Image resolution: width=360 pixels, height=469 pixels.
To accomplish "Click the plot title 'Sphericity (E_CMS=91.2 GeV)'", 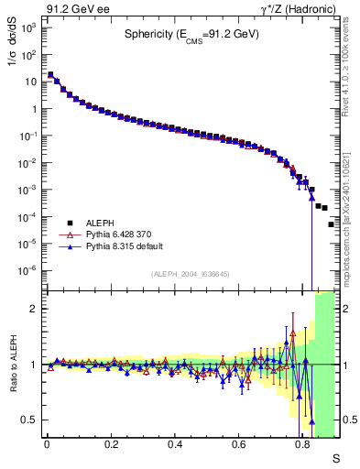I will [192, 35].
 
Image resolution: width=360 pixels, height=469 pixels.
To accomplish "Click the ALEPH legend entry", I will [102, 222].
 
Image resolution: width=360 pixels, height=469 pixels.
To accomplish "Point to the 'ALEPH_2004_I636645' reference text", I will [191, 274].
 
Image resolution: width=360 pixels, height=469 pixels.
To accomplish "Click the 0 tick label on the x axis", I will [46, 444].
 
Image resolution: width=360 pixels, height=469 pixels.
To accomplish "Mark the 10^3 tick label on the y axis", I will [28, 27].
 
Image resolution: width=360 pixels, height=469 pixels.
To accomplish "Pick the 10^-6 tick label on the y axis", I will [28, 270].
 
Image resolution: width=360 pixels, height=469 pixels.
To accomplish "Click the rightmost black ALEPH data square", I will [331, 224].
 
